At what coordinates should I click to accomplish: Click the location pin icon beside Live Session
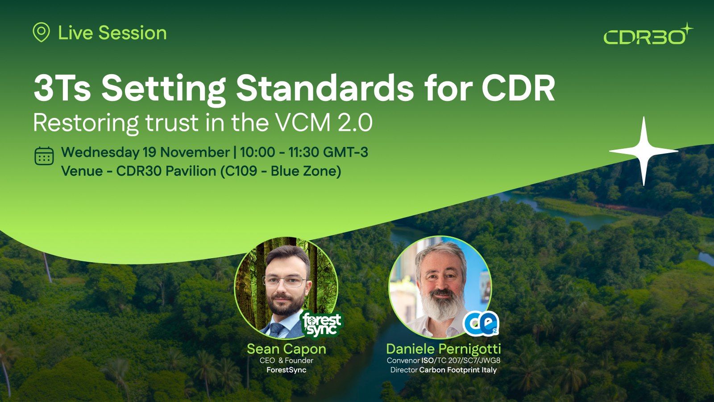41,32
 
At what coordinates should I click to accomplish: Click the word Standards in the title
325,88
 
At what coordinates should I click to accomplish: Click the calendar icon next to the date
44,156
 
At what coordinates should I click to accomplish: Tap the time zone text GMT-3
345,152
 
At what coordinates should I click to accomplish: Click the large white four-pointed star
643,151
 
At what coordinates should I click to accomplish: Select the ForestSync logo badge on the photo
322,324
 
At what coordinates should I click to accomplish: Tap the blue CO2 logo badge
481,323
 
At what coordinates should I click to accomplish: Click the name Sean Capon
286,349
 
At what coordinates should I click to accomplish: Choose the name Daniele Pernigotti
444,349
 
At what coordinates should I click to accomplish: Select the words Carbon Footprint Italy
458,370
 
